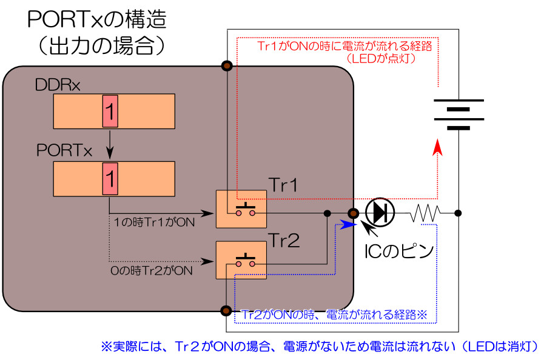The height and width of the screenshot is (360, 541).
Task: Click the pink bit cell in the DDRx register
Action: coord(110,111)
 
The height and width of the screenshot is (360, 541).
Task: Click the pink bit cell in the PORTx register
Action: coord(110,179)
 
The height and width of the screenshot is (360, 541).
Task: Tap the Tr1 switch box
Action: coord(241,209)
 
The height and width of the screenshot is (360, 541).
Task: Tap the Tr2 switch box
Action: coord(241,259)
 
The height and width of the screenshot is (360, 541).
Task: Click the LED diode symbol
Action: coord(380,212)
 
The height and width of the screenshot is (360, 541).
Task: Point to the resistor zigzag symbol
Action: coord(427,213)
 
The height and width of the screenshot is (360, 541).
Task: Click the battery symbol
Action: coord(459,115)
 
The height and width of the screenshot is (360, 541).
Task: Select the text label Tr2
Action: coord(284,241)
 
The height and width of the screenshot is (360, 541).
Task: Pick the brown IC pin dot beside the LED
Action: coord(354,213)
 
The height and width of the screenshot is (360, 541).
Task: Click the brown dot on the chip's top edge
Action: coord(227,66)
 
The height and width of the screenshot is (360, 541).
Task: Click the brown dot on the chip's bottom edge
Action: coord(226,310)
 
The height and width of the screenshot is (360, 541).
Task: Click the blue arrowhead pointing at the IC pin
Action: coord(347,224)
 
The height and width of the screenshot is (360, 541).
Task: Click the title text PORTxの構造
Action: coord(97,20)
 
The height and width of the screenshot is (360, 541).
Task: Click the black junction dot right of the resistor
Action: coord(459,213)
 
